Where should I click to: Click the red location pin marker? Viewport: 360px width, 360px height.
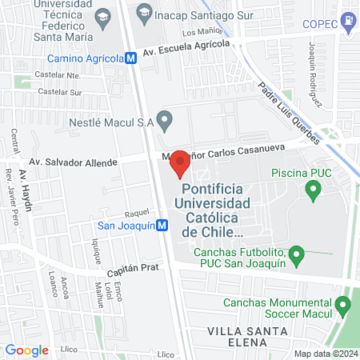pos(180,163)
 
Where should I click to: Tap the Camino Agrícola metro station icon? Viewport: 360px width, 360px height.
pos(130,58)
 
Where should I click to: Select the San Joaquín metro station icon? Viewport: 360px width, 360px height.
pos(162,226)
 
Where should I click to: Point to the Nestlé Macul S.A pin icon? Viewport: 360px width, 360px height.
pos(165,122)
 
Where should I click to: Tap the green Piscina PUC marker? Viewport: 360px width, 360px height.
pos(314,190)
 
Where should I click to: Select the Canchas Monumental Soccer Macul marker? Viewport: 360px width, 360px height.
pos(344,305)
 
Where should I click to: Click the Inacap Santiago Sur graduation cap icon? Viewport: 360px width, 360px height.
pos(144,10)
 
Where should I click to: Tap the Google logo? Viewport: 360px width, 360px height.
pos(26,350)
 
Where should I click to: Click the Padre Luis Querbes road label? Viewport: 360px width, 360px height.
pos(290,114)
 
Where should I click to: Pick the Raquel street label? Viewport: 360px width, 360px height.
pos(137,214)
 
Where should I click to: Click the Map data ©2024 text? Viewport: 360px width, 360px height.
pos(324,354)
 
